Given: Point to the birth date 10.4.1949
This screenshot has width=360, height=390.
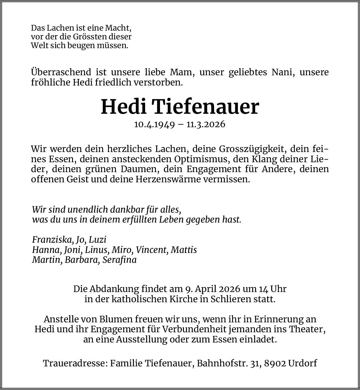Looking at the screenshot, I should click(154, 124).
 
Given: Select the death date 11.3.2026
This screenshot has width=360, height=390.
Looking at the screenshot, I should click(206, 124).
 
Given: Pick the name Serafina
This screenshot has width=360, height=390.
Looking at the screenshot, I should click(120, 260).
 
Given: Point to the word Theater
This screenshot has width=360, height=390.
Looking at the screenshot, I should click(307, 329).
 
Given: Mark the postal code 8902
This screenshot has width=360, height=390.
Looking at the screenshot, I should click(275, 363).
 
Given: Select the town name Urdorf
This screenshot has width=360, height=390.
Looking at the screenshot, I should click(302, 363).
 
